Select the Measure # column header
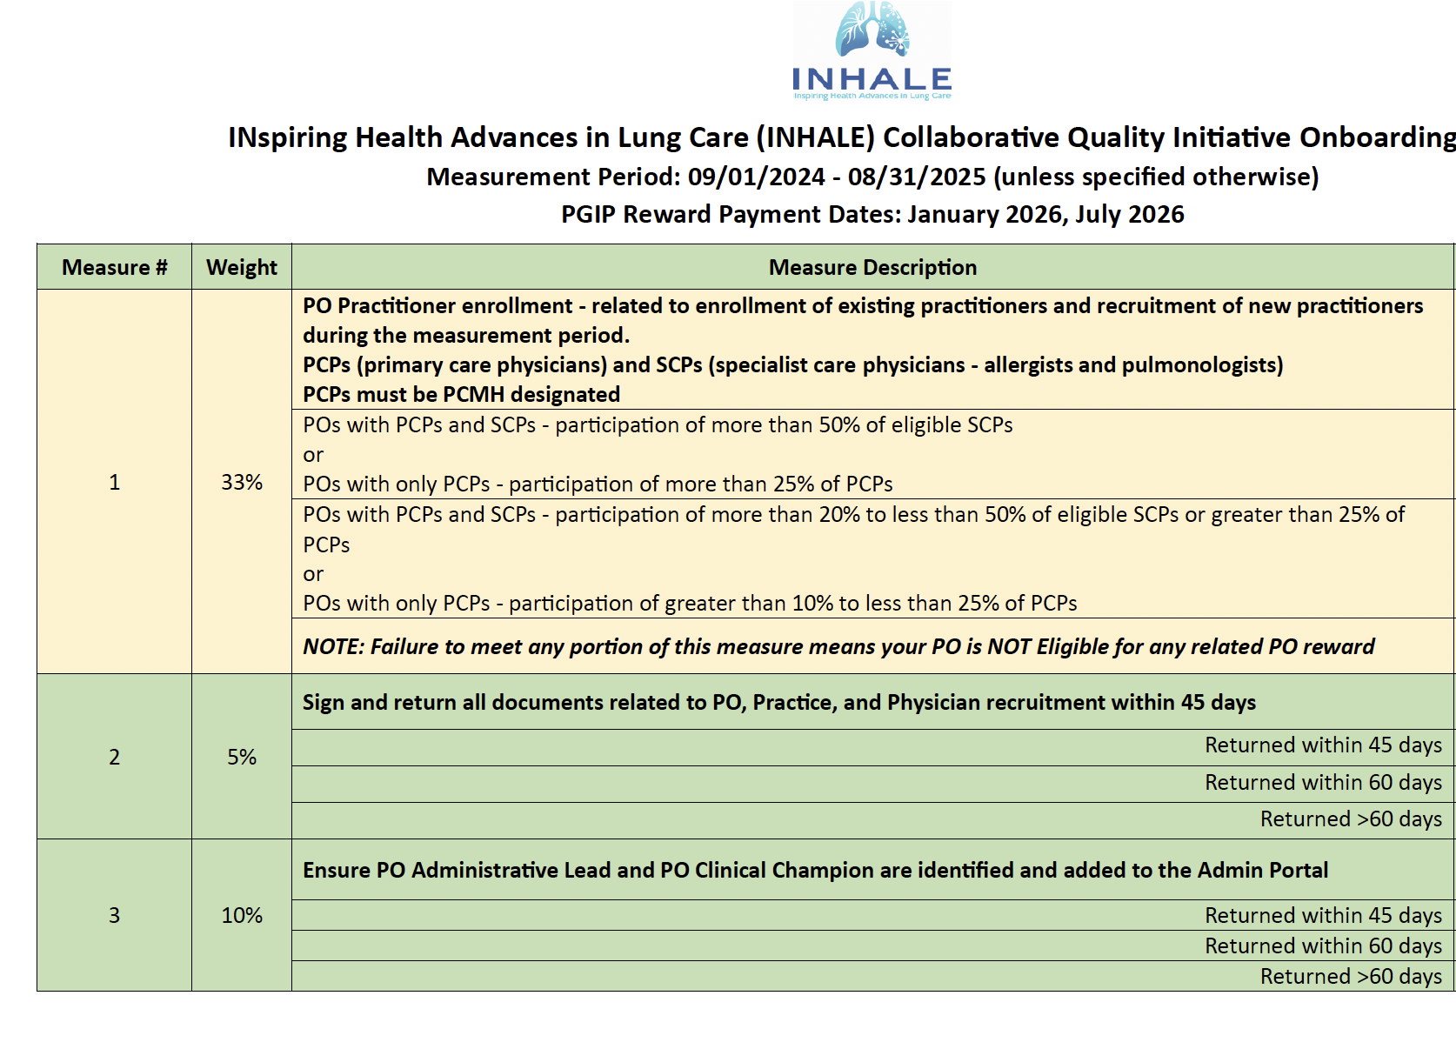tap(114, 268)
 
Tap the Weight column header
tap(242, 268)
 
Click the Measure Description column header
tap(872, 268)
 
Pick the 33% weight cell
tap(242, 483)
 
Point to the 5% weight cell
tap(242, 758)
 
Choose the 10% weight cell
tap(242, 916)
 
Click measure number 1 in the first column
tap(114, 483)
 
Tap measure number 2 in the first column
tap(114, 758)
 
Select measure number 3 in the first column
tap(114, 916)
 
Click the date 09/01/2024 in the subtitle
tap(756, 177)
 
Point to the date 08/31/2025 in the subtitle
tap(917, 177)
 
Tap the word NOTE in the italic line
tap(333, 647)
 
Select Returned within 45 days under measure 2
tap(1323, 746)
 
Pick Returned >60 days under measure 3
tap(1351, 977)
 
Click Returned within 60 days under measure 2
tap(1323, 783)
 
